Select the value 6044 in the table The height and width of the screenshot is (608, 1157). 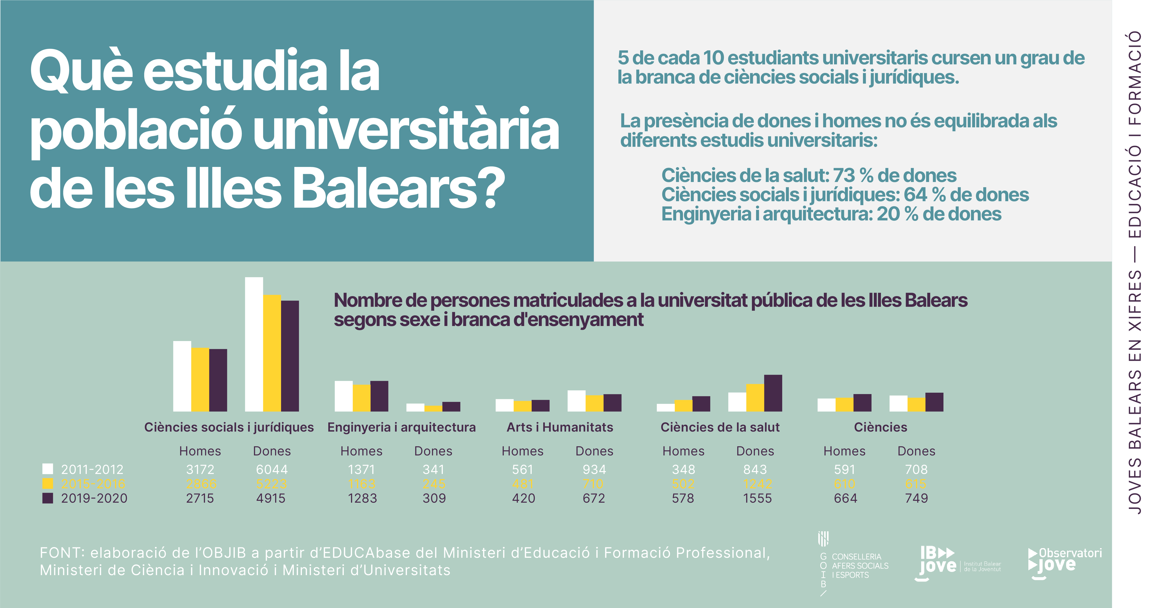[272, 470]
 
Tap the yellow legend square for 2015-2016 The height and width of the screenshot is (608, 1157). [48, 483]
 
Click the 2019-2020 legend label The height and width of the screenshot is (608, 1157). [94, 498]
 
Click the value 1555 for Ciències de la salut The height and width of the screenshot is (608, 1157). [757, 498]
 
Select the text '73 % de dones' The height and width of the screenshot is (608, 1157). [894, 175]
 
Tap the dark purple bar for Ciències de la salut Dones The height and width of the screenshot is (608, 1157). [773, 393]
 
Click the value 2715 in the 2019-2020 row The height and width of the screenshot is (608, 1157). [200, 498]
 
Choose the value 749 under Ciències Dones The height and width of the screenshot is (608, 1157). [916, 498]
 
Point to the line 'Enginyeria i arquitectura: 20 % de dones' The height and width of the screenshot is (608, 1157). [831, 214]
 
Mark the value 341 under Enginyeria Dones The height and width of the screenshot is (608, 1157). [433, 470]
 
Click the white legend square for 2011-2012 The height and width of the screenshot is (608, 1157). [48, 469]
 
